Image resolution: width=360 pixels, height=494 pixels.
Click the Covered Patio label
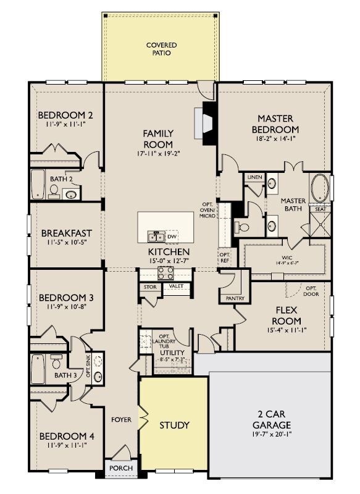click(161, 49)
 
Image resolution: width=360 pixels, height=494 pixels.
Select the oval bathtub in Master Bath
click(320, 188)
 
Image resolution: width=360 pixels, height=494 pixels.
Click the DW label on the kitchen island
click(172, 237)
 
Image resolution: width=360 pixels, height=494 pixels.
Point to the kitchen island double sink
click(155, 237)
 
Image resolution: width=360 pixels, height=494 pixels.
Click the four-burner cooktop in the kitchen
click(165, 272)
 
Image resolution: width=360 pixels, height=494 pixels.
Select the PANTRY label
click(235, 299)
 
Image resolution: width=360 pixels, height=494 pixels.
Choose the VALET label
click(176, 287)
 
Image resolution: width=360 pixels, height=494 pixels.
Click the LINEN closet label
click(254, 177)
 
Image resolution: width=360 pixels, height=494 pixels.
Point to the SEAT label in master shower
click(320, 209)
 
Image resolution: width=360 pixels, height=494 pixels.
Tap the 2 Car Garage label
click(272, 419)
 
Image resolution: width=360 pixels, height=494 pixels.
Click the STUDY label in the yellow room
click(174, 425)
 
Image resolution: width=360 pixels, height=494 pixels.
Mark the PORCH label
click(121, 468)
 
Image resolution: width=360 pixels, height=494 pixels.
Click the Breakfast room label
click(66, 233)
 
